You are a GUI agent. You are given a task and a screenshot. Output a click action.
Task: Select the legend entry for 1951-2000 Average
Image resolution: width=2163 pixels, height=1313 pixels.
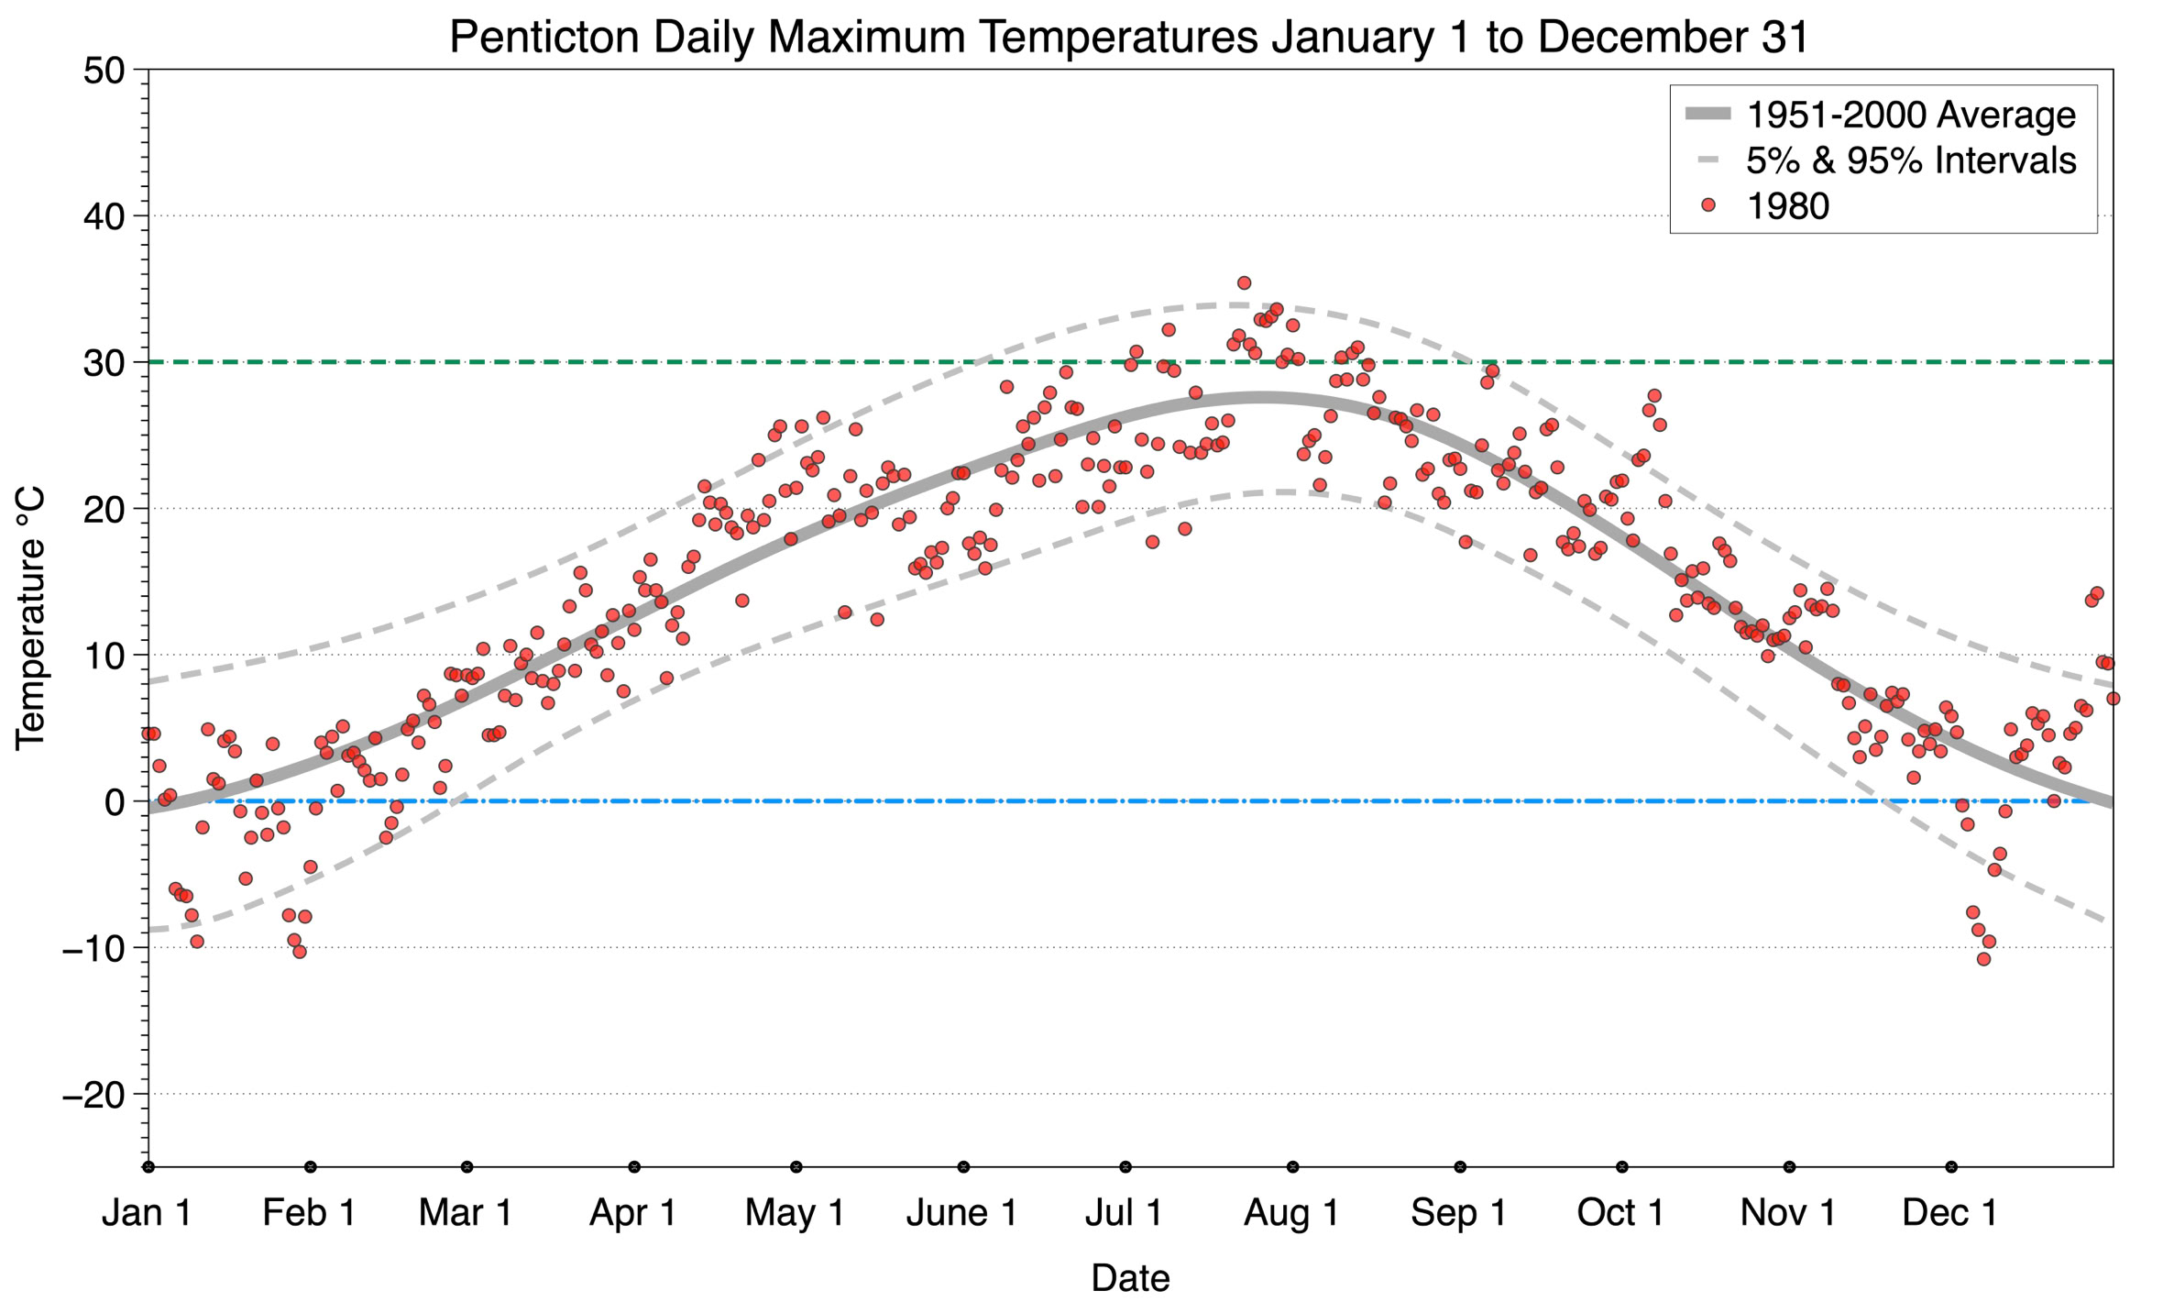(1910, 115)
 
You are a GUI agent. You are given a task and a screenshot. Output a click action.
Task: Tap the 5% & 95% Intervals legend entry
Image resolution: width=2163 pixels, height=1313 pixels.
(1910, 160)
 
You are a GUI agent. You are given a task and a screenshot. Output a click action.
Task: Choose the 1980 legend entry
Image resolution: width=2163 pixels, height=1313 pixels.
(1787, 206)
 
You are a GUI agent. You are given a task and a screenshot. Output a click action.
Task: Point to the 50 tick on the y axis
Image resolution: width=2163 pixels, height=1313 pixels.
(104, 71)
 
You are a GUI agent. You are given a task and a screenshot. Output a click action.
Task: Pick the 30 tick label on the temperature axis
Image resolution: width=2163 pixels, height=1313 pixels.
(104, 363)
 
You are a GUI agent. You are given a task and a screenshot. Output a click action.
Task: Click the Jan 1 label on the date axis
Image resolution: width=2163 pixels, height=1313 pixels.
(147, 1212)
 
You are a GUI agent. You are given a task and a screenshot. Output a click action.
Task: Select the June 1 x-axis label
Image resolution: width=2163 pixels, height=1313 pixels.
(961, 1212)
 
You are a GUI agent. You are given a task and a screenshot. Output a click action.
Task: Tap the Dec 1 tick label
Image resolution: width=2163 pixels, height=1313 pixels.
(1949, 1212)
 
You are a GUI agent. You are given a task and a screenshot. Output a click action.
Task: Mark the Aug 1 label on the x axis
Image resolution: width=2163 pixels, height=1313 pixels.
(1290, 1212)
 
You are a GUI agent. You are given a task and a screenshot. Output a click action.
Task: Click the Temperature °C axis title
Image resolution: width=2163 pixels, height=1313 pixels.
(30, 618)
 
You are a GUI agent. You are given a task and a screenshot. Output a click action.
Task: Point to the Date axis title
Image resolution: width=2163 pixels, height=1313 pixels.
(1130, 1278)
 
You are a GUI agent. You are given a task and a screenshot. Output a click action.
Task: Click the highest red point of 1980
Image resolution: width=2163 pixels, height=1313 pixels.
(1244, 283)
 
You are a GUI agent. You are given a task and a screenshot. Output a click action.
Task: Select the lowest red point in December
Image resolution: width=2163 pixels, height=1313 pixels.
(1983, 959)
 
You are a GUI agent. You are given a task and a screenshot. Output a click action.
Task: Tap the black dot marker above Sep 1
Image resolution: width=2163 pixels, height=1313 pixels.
(1460, 1167)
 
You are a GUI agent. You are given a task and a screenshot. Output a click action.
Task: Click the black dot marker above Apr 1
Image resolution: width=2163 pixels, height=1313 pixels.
(634, 1167)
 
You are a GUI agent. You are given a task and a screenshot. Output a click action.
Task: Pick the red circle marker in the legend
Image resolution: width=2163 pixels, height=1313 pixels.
(1707, 206)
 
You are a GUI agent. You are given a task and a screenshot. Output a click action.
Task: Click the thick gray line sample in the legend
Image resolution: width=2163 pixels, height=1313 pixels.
(1707, 115)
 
